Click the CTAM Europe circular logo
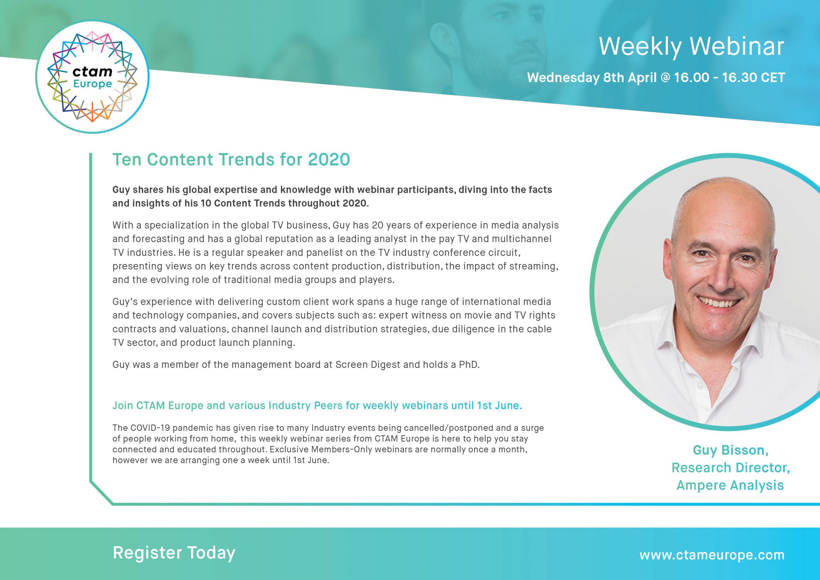click(x=93, y=77)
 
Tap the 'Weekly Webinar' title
click(x=692, y=46)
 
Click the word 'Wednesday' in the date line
click(x=563, y=78)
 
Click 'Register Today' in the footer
click(x=174, y=552)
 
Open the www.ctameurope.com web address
click(x=712, y=555)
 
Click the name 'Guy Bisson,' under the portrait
click(x=731, y=450)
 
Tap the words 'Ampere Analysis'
click(x=730, y=485)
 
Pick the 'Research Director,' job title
click(x=731, y=468)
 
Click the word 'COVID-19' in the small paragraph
click(x=144, y=428)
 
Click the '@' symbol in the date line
click(x=665, y=78)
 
